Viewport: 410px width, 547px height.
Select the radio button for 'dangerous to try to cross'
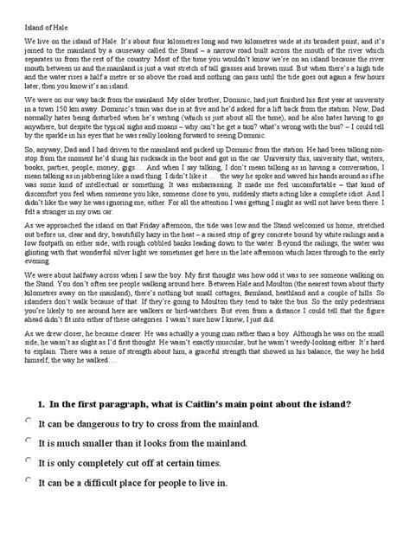[x=29, y=420]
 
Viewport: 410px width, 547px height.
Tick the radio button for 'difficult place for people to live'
[x=29, y=479]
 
